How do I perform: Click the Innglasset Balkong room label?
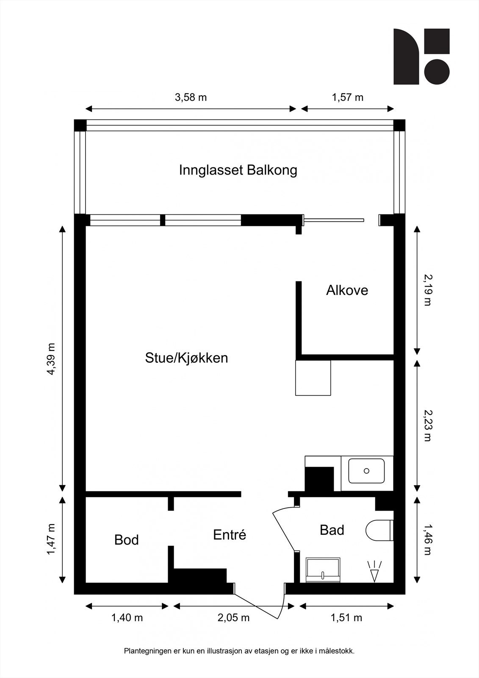tap(238, 170)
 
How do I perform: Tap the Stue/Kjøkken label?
tap(186, 358)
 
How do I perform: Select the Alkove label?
tap(347, 290)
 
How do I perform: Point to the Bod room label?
tap(127, 540)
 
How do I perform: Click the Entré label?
tap(230, 534)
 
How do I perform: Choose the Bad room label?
tap(332, 530)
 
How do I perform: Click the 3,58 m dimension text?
tap(191, 97)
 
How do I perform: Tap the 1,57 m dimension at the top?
tap(347, 97)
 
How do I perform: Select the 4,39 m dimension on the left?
tap(51, 358)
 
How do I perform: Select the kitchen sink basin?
tap(366, 471)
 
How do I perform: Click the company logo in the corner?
tap(421, 57)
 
